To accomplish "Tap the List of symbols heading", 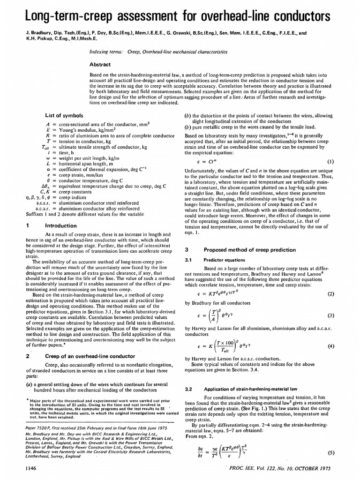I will [x=64, y=115].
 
